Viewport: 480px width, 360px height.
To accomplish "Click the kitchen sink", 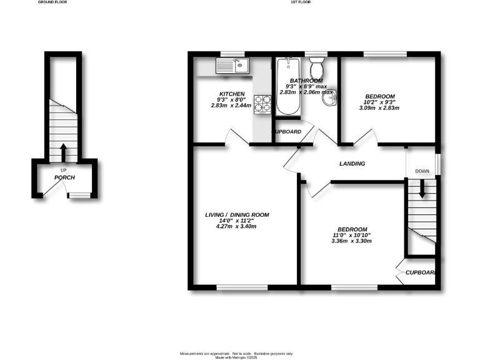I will [232, 65].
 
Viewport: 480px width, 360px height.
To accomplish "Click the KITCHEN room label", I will [231, 94].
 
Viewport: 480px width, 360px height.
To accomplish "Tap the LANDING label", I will [352, 164].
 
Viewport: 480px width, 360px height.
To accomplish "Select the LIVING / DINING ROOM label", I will [237, 215].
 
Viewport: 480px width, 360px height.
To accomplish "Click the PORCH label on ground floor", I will [64, 178].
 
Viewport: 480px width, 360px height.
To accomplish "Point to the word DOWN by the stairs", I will [422, 171].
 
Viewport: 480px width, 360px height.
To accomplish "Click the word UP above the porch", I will [64, 171].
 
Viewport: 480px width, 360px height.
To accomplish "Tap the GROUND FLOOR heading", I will [52, 2].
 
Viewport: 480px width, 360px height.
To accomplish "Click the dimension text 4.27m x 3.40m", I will [237, 226].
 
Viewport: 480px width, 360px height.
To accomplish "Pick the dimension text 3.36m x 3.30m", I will [352, 241].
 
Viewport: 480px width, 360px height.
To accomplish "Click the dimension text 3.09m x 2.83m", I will [379, 108].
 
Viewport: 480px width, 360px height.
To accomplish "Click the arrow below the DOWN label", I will [422, 189].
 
